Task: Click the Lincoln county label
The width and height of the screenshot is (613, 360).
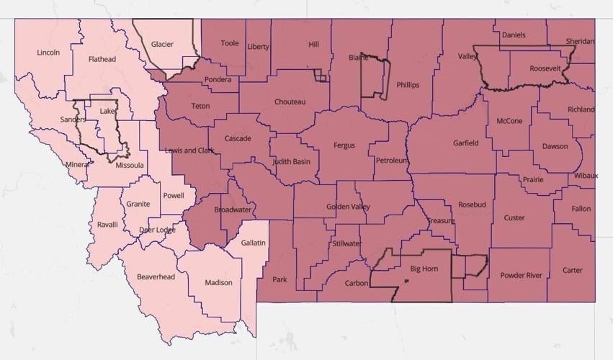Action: [48, 53]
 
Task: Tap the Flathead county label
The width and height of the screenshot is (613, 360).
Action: [102, 59]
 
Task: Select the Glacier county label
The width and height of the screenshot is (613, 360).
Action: [162, 44]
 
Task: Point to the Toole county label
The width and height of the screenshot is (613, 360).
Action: [230, 43]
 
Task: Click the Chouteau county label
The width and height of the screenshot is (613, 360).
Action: [290, 102]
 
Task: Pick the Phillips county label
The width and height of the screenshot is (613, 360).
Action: [408, 85]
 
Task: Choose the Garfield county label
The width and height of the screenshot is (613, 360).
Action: [466, 143]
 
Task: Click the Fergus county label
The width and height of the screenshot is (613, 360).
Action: [344, 145]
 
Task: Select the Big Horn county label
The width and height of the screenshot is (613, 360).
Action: [424, 269]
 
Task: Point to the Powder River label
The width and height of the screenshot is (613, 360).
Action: [522, 275]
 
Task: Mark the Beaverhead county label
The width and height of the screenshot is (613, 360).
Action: [156, 276]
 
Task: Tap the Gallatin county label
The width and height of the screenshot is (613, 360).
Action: [254, 243]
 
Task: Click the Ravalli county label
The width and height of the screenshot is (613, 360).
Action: [107, 225]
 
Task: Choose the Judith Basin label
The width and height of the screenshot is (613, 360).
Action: [292, 161]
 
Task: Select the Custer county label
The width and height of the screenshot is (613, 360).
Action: [514, 217]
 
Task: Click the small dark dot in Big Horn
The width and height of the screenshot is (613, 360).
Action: [406, 281]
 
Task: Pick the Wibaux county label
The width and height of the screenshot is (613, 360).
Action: [586, 176]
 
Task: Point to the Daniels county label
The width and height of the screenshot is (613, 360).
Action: [514, 35]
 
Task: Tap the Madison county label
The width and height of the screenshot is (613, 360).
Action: [218, 282]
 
